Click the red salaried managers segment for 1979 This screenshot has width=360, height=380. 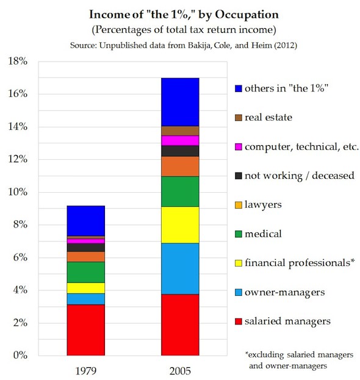[86, 330]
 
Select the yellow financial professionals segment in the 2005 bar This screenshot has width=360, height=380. [180, 225]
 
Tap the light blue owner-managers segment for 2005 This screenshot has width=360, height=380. [180, 269]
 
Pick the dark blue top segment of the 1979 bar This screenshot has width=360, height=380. [86, 221]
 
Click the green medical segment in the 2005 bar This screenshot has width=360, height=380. [180, 192]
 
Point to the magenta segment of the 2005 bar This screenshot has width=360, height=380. [180, 140]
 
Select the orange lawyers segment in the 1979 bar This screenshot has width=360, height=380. [86, 257]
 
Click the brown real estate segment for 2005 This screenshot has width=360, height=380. [180, 131]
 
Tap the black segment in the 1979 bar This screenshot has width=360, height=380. [86, 248]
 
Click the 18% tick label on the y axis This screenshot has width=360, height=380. [18, 61]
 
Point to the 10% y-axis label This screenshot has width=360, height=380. [18, 192]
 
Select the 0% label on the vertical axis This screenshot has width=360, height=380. [20, 355]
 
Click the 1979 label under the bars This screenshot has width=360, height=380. [86, 371]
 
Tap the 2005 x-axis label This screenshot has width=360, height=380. [180, 371]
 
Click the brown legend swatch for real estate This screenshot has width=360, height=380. [239, 118]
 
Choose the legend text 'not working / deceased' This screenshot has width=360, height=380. [300, 176]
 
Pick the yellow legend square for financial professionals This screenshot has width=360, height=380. [239, 263]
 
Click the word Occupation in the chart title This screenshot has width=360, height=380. [247, 15]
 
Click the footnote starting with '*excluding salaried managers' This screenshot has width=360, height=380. [299, 360]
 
